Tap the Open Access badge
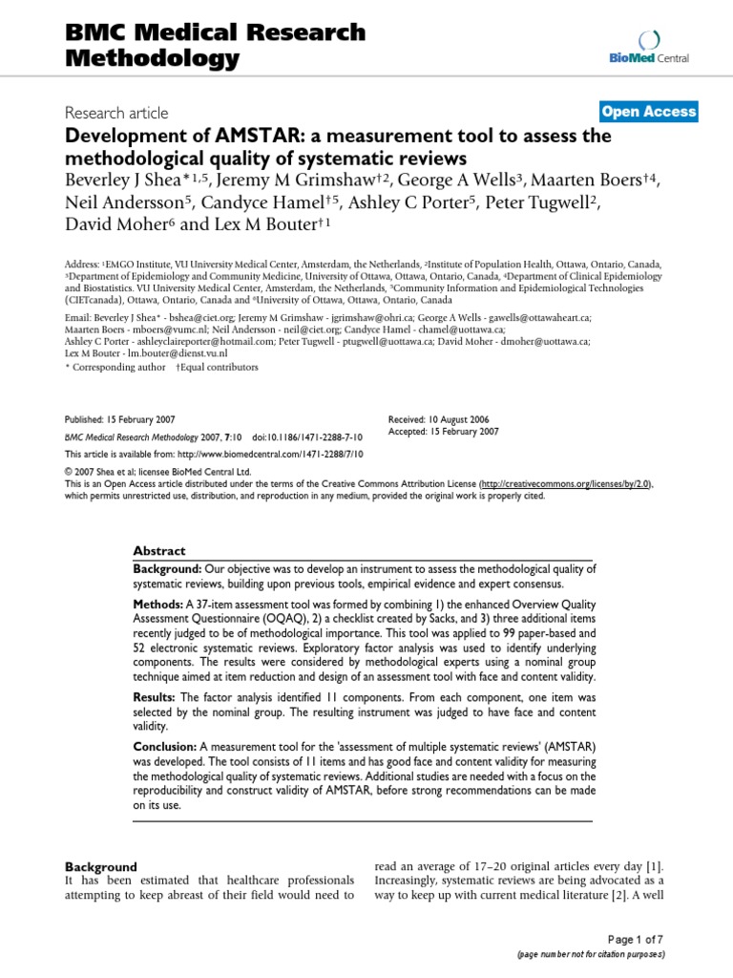[x=649, y=112]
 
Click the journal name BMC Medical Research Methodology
[x=215, y=45]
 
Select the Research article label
[x=116, y=113]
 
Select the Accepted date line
[x=444, y=432]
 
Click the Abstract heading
[x=159, y=551]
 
